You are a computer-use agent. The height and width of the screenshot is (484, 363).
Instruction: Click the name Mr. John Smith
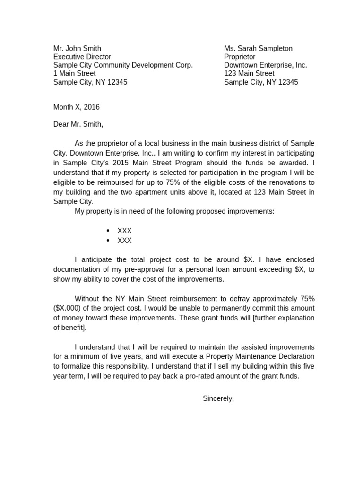click(x=77, y=48)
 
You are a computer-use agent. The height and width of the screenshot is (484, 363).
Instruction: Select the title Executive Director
click(x=82, y=57)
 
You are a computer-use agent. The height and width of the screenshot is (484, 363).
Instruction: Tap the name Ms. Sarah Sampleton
click(x=258, y=48)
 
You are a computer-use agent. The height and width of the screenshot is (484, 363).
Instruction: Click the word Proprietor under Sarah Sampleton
click(x=240, y=57)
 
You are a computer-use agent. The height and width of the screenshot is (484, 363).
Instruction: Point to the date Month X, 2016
click(x=77, y=107)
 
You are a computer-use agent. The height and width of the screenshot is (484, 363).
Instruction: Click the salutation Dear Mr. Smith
click(x=78, y=124)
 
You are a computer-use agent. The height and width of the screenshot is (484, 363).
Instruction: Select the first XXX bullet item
click(x=124, y=231)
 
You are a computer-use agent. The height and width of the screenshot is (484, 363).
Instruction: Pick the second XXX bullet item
click(x=124, y=241)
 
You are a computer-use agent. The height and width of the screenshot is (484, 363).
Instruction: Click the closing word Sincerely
click(x=218, y=398)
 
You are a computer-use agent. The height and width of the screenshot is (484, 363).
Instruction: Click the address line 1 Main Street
click(x=74, y=73)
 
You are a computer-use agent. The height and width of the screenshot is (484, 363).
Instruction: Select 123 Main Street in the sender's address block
click(x=249, y=73)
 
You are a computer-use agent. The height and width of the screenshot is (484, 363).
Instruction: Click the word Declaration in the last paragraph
click(x=294, y=356)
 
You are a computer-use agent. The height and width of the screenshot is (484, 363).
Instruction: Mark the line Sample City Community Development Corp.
click(x=123, y=65)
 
